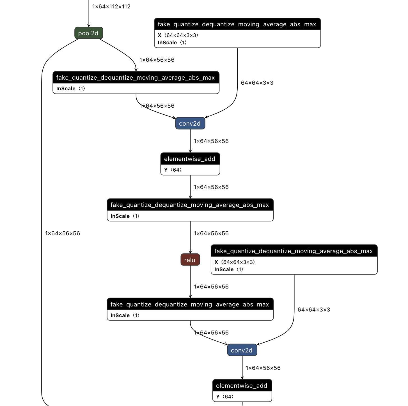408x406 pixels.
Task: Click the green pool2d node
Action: (89, 33)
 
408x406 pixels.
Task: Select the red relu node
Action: (190, 260)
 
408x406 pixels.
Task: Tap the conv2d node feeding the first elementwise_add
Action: (190, 123)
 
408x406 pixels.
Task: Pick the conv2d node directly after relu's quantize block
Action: (242, 350)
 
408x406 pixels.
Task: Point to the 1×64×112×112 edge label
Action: (111, 6)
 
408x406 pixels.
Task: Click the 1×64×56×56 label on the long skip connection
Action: (62, 233)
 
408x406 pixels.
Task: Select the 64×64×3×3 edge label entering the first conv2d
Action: (257, 83)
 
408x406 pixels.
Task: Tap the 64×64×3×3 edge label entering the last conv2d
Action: (314, 310)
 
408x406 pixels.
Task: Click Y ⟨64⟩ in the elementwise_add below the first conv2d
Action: (173, 170)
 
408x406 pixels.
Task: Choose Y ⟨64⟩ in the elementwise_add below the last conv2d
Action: (225, 397)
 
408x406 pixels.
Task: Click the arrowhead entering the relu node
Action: (190, 252)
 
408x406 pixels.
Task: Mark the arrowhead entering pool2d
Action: (89, 26)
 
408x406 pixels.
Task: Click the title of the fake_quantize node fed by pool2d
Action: (136, 78)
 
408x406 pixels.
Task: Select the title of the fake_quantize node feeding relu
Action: (190, 205)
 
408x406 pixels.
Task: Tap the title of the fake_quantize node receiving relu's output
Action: (190, 304)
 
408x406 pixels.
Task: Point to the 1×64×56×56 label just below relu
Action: (211, 287)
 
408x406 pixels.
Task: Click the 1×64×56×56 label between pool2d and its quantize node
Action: (157, 60)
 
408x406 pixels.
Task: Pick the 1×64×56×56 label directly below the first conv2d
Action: (211, 141)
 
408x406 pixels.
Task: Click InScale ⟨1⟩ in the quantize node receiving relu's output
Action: (125, 315)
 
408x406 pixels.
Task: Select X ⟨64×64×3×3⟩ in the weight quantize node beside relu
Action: (235, 262)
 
